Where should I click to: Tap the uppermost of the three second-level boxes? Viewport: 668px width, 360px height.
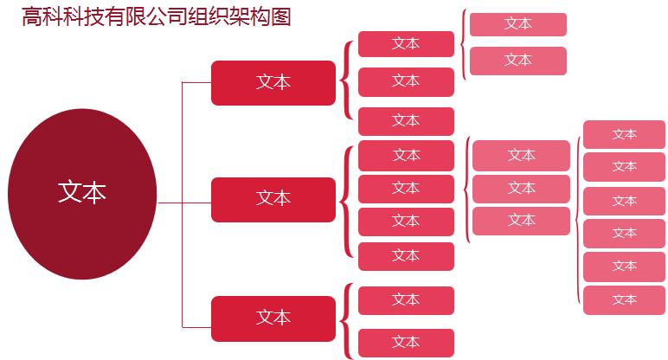pos(273,83)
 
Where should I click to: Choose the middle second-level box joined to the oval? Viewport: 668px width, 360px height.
pos(273,199)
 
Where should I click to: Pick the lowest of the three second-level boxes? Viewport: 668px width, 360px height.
pos(273,318)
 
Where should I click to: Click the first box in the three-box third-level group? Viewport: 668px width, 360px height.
pos(406,43)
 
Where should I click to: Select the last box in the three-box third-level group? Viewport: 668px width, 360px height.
pos(406,121)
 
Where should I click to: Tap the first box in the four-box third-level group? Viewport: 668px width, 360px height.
pos(406,155)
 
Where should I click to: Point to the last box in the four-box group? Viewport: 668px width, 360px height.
pos(406,256)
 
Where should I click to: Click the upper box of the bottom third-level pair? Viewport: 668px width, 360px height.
pos(406,300)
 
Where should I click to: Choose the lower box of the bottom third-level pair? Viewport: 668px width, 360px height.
pos(406,343)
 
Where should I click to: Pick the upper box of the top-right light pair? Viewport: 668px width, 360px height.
pos(518,24)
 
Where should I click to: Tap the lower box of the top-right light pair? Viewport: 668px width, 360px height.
pos(518,61)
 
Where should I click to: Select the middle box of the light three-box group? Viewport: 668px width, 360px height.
pos(521,188)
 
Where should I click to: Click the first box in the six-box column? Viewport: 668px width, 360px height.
pos(624,135)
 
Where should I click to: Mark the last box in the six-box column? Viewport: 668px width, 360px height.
pos(624,300)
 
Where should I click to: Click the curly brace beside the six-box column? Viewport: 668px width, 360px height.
pos(577,216)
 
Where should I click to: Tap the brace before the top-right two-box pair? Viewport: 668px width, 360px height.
pos(464,45)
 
